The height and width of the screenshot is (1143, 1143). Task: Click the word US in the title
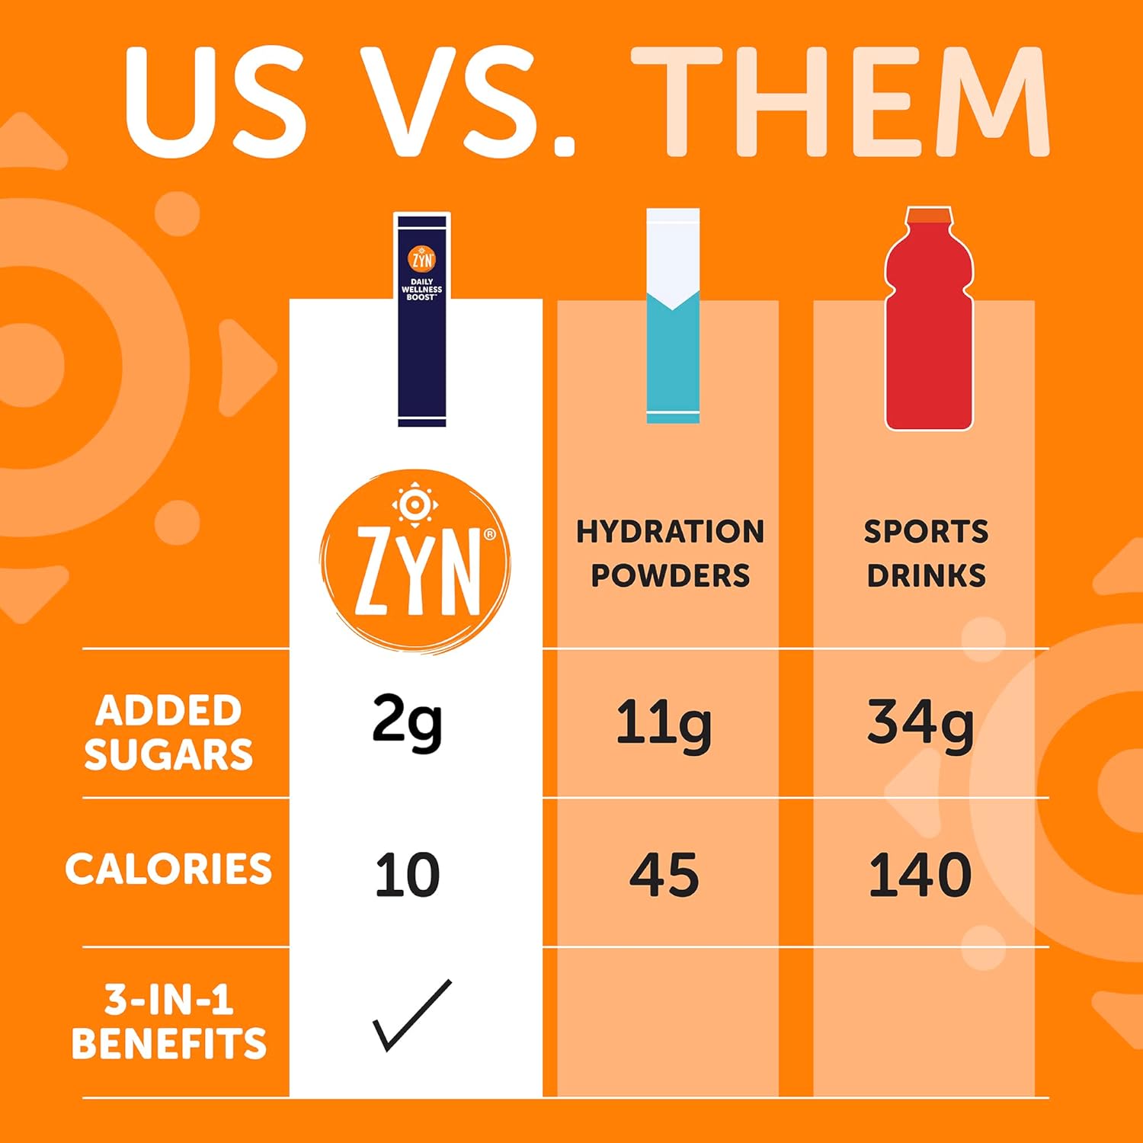pos(216,103)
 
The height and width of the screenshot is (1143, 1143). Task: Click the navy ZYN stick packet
pos(422,320)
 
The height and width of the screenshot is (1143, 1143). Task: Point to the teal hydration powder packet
pos(673,316)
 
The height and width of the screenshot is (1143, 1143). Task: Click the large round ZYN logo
pos(415,562)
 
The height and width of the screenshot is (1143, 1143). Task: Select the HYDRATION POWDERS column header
pos(670,553)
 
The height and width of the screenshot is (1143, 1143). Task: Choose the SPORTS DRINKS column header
pos(926,553)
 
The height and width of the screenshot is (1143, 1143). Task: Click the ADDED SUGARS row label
pos(168,732)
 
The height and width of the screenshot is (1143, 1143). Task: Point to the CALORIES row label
pos(168,869)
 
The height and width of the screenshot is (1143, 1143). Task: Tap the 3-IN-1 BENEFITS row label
pos(168,1022)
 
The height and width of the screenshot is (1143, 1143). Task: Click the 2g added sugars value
pos(407,723)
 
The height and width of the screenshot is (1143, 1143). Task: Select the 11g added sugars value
pos(663,723)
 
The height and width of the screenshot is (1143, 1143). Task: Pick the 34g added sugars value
pos(920,723)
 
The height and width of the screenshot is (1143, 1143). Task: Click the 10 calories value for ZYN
pos(407,874)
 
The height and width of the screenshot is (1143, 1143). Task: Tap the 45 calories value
pos(664,874)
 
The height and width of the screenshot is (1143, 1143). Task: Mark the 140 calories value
pos(920,874)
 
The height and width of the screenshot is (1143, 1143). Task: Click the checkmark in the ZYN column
pos(411,1016)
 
